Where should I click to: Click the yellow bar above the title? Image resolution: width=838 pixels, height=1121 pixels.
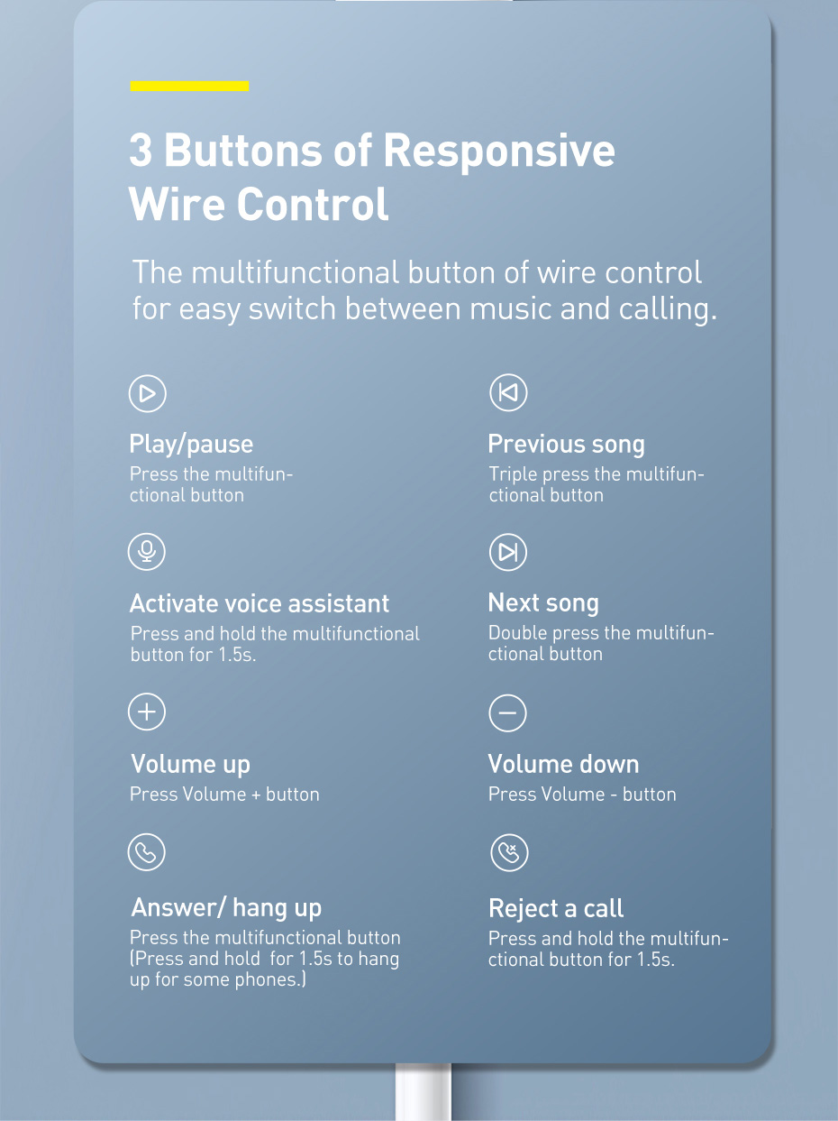[189, 87]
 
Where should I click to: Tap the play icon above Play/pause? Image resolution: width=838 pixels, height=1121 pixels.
[148, 393]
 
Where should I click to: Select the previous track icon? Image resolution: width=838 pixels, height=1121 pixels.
[508, 393]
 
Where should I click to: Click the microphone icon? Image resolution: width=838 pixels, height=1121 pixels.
[147, 551]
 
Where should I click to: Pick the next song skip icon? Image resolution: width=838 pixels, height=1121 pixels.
[508, 552]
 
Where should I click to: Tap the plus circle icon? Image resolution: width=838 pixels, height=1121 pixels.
[147, 712]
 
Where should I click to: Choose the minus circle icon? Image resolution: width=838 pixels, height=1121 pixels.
[508, 712]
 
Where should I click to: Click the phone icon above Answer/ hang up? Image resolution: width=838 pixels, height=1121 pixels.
[147, 851]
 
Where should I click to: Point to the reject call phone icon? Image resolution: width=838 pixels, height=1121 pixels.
[509, 852]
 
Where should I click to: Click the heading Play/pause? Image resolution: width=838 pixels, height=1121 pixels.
[191, 444]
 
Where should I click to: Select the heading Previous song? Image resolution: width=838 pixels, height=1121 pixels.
[566, 444]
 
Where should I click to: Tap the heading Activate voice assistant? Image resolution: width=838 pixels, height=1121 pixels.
[260, 603]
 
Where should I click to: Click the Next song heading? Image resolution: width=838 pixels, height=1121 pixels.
[543, 602]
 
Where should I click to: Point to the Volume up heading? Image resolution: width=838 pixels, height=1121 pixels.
[190, 764]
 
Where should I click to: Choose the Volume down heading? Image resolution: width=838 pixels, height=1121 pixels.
[563, 764]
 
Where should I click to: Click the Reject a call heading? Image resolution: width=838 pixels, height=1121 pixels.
[556, 907]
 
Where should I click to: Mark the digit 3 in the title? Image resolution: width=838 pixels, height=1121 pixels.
[141, 150]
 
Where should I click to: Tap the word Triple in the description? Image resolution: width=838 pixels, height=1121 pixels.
[513, 474]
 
